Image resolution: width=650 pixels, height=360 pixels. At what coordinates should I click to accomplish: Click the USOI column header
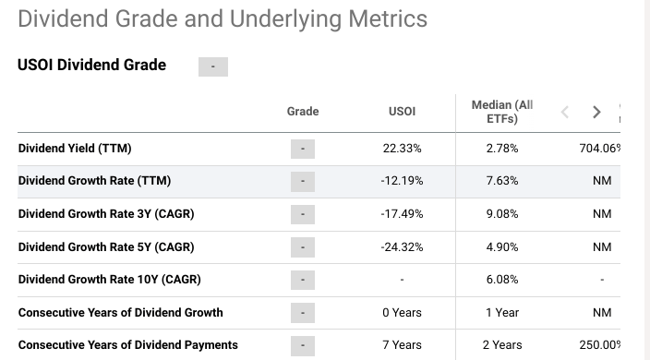click(x=402, y=112)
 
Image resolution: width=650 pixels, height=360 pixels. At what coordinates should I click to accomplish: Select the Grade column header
click(x=303, y=112)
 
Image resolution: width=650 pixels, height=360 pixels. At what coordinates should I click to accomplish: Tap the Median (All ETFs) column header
click(x=502, y=112)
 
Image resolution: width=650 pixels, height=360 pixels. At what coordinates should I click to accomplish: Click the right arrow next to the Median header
click(x=596, y=113)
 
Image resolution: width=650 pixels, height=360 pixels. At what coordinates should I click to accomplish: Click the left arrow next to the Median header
click(x=566, y=113)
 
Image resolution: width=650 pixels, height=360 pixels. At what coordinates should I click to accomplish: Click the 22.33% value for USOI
click(x=402, y=149)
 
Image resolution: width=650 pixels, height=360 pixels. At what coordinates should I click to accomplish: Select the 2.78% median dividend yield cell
click(x=502, y=149)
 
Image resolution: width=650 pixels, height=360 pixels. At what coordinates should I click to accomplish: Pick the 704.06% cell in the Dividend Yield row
click(x=599, y=149)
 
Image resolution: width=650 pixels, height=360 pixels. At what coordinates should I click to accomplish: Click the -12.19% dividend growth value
click(x=402, y=181)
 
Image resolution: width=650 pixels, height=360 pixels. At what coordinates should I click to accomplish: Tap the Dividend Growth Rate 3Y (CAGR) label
click(x=106, y=214)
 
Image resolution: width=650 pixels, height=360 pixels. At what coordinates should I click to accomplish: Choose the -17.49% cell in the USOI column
click(x=402, y=214)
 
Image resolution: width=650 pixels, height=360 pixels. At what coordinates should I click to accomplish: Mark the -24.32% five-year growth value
click(x=402, y=247)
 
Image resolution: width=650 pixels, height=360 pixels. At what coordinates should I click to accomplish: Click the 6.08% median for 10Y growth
click(x=502, y=280)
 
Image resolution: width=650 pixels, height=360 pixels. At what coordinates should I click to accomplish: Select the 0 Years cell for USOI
click(x=402, y=313)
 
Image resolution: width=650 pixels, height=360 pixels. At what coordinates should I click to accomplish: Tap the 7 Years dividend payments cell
click(x=402, y=345)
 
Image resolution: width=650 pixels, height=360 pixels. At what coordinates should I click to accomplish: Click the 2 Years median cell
click(x=502, y=345)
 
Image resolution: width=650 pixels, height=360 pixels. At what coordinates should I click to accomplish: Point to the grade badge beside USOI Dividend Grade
click(x=213, y=66)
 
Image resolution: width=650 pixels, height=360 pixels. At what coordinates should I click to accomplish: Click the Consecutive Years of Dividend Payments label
click(x=128, y=345)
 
